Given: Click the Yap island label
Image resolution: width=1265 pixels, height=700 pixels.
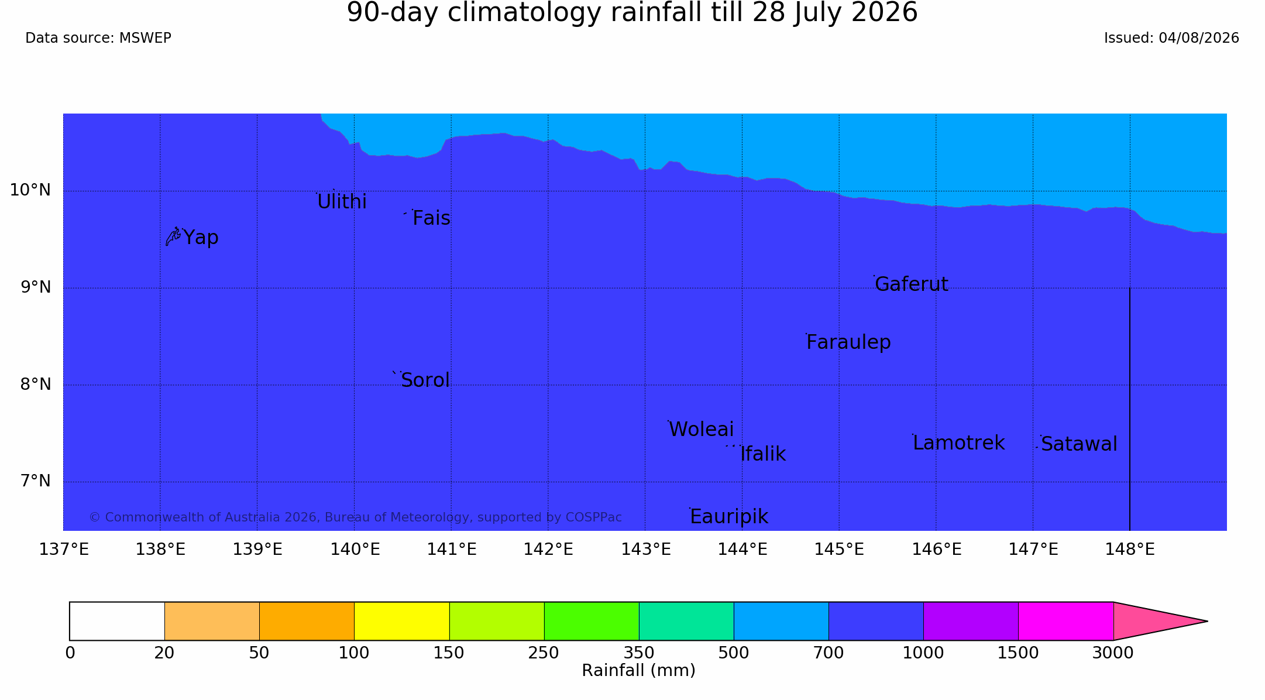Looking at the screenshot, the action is click(201, 238).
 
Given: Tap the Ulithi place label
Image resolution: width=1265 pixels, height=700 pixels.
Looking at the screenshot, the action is click(342, 201).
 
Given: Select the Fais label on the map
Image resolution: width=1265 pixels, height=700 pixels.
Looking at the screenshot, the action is click(431, 218).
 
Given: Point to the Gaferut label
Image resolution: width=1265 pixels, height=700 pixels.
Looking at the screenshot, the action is click(911, 284).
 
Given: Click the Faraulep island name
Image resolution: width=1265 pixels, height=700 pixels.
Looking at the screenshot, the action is click(848, 342).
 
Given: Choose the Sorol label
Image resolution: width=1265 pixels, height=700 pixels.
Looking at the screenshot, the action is click(425, 380).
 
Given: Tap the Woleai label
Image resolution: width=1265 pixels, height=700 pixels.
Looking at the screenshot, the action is click(701, 430).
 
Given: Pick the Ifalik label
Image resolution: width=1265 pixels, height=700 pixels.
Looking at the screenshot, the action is click(763, 454).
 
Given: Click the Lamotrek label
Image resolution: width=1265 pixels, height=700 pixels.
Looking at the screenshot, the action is click(958, 443).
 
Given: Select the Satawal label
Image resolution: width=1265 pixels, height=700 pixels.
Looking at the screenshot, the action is click(1079, 444).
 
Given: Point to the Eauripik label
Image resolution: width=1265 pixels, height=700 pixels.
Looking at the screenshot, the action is click(729, 517).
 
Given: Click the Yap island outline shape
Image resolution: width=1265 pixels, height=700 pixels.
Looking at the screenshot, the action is click(173, 236).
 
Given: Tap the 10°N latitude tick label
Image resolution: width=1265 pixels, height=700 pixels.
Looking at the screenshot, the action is click(30, 190).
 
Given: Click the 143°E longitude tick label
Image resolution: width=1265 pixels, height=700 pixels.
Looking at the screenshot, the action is click(645, 550).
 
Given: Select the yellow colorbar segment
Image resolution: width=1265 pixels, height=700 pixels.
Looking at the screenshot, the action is click(401, 621).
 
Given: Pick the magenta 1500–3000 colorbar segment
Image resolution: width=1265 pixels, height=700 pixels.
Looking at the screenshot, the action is click(1065, 621).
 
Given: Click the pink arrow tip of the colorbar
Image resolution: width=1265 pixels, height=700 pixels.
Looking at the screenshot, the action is click(1207, 621).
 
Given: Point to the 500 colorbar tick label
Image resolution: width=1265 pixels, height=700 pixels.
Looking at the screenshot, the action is click(734, 653).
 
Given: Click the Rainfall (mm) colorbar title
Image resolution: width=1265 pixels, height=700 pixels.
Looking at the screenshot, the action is click(638, 671).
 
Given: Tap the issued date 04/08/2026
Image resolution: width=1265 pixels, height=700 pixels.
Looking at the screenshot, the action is click(1199, 38).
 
